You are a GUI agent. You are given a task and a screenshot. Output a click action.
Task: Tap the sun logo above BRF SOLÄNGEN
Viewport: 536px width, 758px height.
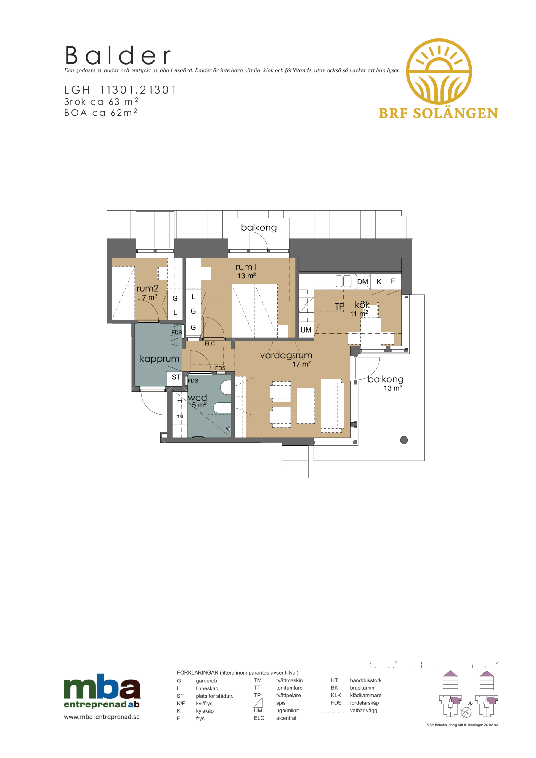click(x=439, y=71)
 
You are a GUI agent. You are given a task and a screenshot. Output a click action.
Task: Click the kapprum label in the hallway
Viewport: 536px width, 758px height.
click(x=160, y=359)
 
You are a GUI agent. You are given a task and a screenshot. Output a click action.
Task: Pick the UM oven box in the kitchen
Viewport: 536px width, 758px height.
click(x=306, y=330)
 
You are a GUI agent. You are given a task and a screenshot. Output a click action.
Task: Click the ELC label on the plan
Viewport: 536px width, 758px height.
click(x=210, y=344)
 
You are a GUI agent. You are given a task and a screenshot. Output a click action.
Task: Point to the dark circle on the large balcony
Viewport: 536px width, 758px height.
click(x=404, y=440)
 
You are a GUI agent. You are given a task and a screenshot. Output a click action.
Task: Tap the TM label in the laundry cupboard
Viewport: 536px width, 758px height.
click(x=180, y=417)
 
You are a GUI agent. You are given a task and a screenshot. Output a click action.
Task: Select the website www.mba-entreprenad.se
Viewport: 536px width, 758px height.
click(x=102, y=717)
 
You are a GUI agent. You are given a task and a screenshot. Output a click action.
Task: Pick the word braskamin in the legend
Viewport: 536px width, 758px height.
click(x=362, y=688)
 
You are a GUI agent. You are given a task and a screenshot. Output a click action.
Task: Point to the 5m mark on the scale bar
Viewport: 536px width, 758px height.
click(x=498, y=662)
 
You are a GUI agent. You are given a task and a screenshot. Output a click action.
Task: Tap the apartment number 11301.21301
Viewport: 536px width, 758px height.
click(x=138, y=90)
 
